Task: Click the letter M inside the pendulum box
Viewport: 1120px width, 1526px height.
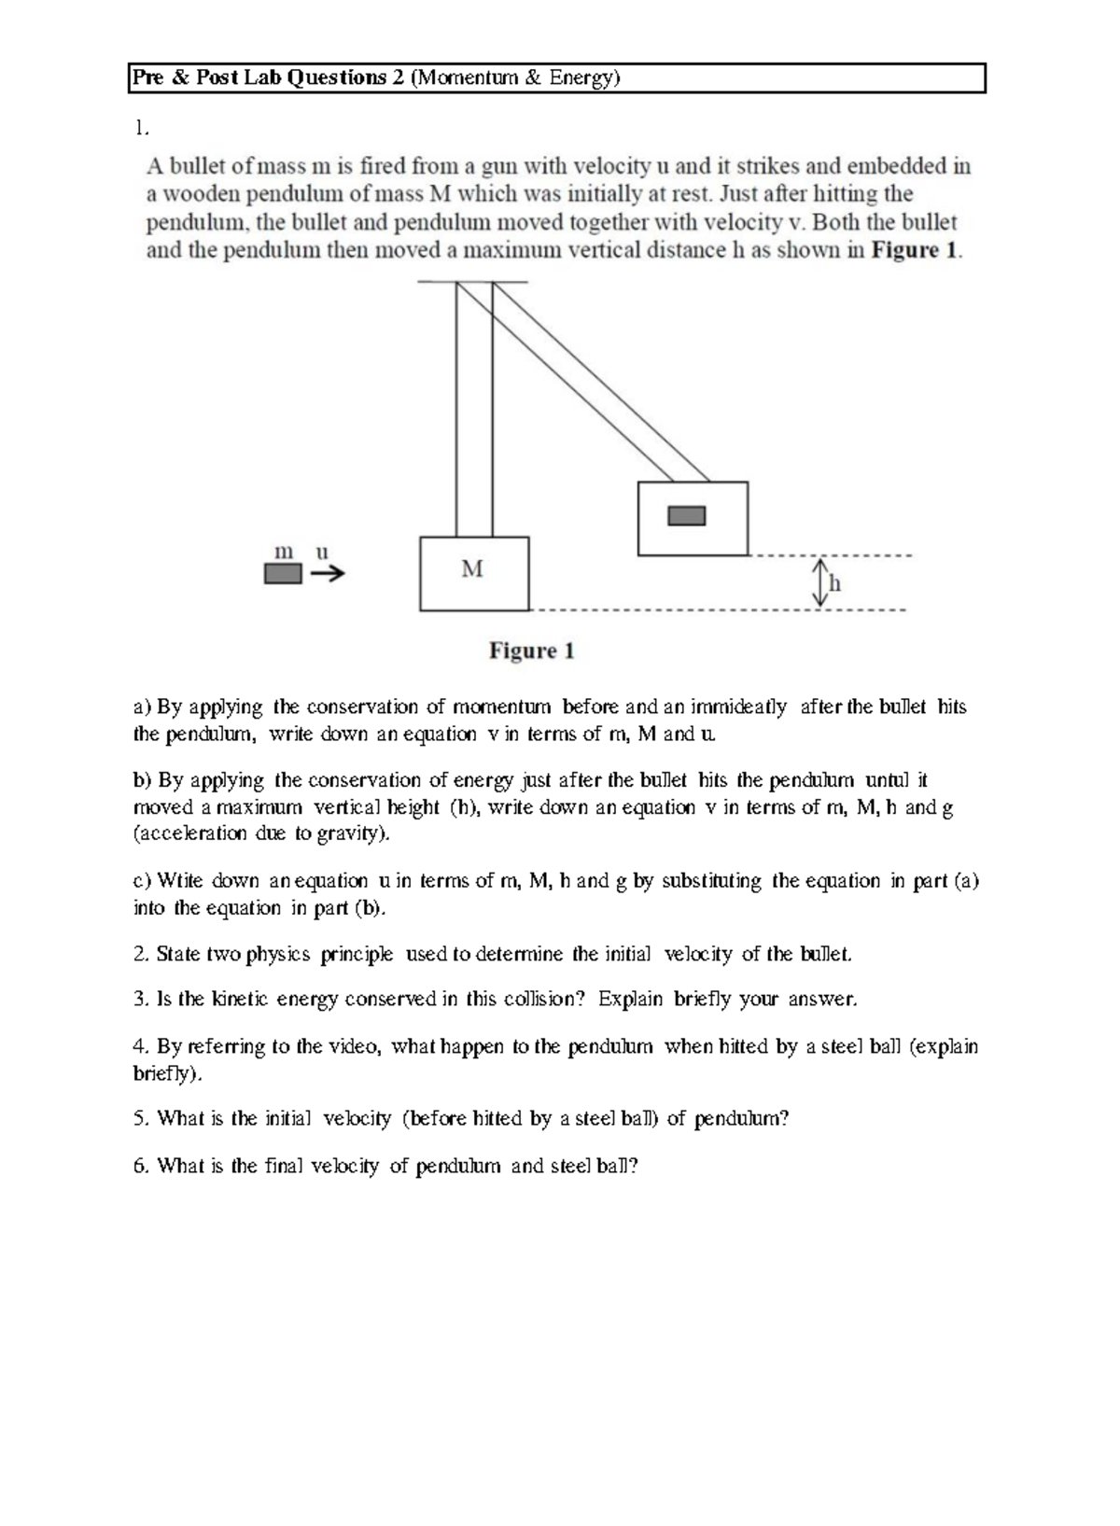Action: coord(472,568)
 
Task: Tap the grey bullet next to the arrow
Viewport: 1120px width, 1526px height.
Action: coord(283,573)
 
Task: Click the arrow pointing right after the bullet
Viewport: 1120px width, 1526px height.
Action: coord(328,574)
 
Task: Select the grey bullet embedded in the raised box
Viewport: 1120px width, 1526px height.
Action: coord(687,516)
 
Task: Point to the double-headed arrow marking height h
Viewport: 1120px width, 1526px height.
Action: coord(820,582)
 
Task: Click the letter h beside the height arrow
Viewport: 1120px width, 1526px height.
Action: coord(835,584)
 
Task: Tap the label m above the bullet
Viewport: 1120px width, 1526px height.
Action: coord(283,552)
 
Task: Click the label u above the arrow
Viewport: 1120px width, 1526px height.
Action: coord(322,552)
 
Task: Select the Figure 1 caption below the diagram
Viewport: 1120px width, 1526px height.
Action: coord(531,651)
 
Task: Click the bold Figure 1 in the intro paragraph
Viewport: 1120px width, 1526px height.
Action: coord(913,250)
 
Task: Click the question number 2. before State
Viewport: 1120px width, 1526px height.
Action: coord(141,954)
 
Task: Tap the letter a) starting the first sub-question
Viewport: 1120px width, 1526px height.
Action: coord(142,707)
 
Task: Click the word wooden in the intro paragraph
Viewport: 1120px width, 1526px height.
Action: coord(200,194)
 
